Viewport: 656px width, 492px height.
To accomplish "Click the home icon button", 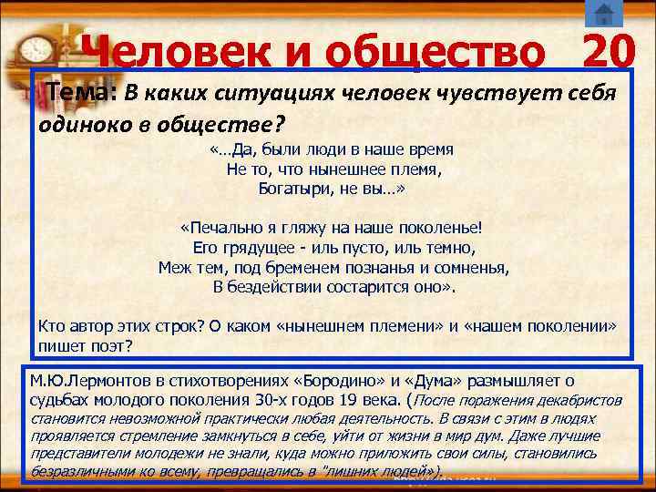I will (602, 14).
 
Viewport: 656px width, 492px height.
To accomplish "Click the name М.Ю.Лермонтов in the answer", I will (91, 380).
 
